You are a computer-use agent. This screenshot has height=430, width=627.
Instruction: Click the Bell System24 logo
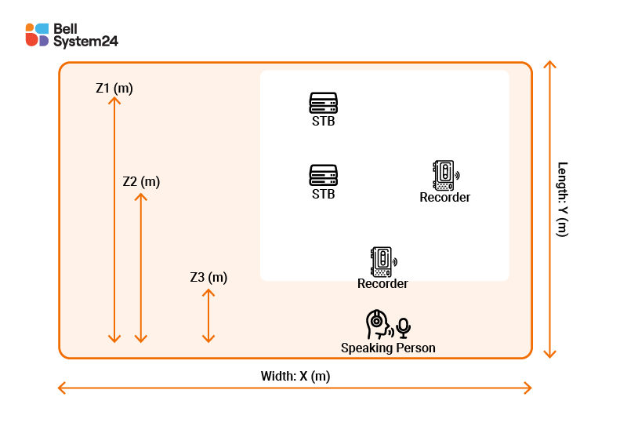click(71, 35)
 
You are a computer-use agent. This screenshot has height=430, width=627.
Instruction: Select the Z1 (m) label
click(114, 89)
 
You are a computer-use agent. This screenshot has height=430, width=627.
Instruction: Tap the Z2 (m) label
click(141, 181)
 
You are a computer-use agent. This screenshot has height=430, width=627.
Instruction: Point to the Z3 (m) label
click(208, 277)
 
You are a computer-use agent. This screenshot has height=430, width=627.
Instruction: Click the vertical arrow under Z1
click(114, 220)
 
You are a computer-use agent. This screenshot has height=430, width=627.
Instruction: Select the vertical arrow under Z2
click(141, 267)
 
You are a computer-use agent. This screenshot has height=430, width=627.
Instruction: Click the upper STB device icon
click(323, 103)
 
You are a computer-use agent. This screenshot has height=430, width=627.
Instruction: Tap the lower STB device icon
click(323, 174)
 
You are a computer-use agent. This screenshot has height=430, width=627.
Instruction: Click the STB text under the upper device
click(323, 122)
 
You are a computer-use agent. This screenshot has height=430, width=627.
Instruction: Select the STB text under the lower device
click(323, 194)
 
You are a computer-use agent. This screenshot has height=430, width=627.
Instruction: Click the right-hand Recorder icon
click(444, 176)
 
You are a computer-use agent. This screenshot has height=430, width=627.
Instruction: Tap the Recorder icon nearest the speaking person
click(382, 261)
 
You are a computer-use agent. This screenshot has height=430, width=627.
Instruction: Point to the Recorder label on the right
click(444, 198)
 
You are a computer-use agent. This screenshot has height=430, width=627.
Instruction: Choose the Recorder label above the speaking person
click(382, 283)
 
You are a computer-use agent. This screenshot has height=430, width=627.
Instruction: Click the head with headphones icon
click(379, 324)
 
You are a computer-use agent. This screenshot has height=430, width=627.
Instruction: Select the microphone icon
click(404, 327)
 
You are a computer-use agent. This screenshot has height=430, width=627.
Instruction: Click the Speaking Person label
click(388, 348)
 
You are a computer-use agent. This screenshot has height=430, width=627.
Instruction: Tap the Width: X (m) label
click(295, 376)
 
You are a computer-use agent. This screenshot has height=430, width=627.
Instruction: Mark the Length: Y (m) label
click(562, 199)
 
